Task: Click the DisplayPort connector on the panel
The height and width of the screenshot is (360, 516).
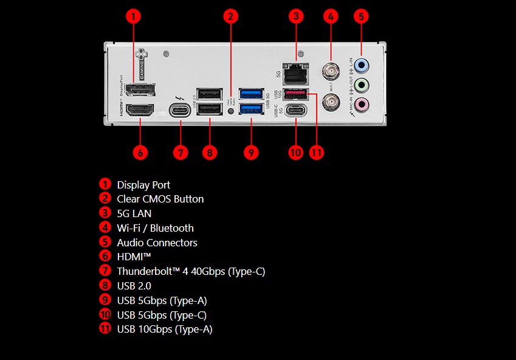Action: tap(139, 90)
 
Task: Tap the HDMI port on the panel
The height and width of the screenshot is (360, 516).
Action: tap(139, 111)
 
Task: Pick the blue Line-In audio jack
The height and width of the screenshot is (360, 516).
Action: tap(362, 64)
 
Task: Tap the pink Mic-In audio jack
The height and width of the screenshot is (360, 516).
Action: tap(362, 105)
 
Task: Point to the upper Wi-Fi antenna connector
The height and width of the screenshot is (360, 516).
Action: tap(331, 72)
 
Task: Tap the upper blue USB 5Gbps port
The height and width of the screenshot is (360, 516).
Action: tap(251, 93)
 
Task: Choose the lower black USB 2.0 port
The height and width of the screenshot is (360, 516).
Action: tap(210, 109)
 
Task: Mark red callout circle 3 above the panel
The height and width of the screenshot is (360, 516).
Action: tap(295, 16)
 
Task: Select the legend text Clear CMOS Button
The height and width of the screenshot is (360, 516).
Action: tap(160, 199)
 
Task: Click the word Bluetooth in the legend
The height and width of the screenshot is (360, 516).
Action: tap(172, 228)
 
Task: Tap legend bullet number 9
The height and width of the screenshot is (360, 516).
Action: tap(105, 300)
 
